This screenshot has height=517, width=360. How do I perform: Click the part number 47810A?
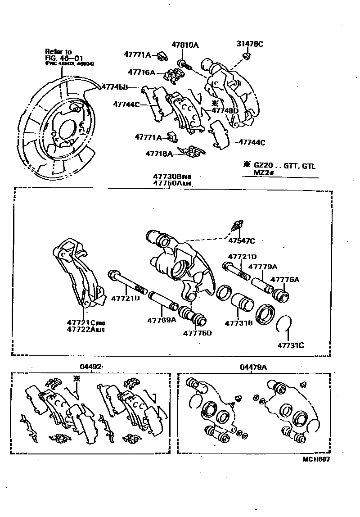[185, 45]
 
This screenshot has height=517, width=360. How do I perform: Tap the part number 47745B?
[115, 87]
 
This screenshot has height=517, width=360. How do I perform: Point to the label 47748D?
[225, 111]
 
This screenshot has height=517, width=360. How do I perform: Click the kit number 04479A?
[253, 367]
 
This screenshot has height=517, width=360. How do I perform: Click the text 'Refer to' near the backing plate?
[58, 52]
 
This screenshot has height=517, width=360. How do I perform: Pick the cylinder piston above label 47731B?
[242, 303]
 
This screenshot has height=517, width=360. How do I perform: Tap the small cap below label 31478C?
[247, 56]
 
